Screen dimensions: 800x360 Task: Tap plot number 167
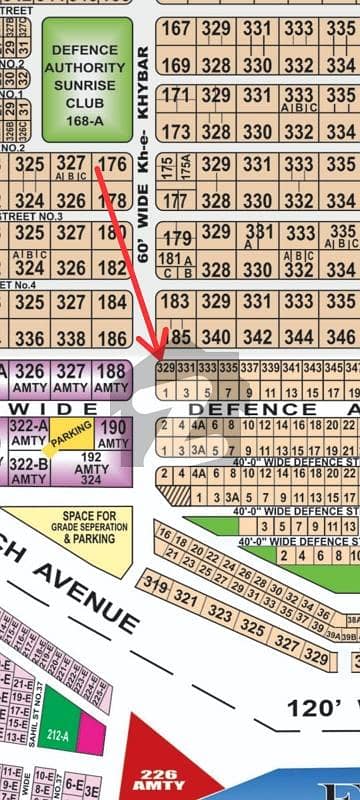pos(175,29)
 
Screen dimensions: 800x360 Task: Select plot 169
pos(175,65)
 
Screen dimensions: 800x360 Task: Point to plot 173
pos(175,131)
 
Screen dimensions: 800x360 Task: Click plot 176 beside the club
pos(113,164)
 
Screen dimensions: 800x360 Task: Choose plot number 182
pos(113,268)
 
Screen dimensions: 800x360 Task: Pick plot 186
pos(113,338)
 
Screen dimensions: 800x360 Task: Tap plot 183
pos(175,301)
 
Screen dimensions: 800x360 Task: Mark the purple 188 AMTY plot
pos(113,378)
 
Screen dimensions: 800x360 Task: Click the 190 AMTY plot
pos(113,434)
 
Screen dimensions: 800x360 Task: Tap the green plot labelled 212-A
pos(62,711)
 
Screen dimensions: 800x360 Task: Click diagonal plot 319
pos(155,584)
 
